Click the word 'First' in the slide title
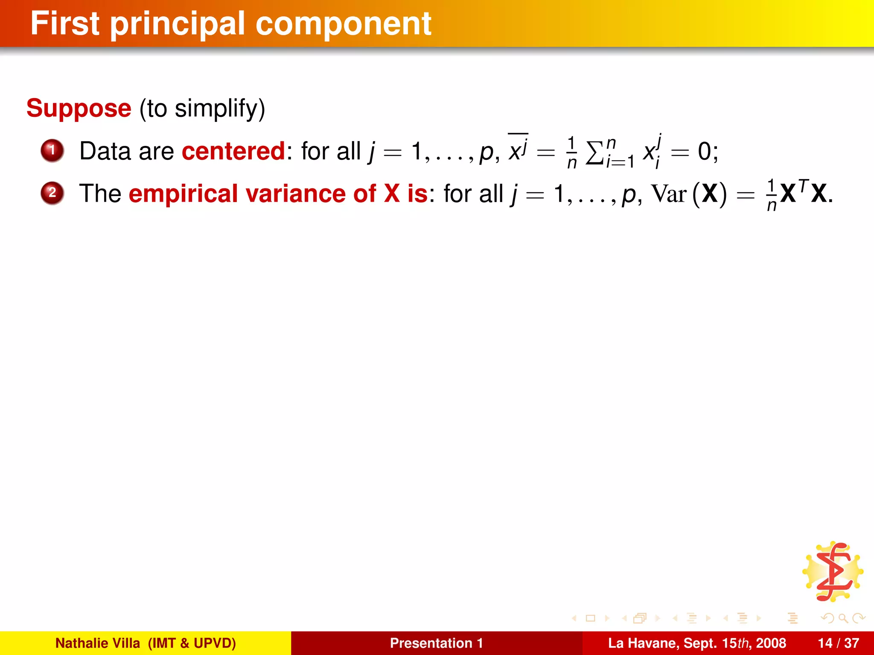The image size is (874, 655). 65,24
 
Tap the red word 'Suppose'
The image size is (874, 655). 79,108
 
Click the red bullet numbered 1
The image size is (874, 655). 52,151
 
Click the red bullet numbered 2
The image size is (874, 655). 52,193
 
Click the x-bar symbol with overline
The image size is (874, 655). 518,149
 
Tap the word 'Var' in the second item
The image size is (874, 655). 668,194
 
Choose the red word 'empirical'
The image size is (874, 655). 184,194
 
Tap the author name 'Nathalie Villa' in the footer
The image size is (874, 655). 98,643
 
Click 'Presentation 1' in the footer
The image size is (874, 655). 436,643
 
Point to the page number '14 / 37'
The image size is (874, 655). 838,643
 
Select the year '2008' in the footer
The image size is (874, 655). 771,643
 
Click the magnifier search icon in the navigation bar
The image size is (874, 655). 843,618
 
